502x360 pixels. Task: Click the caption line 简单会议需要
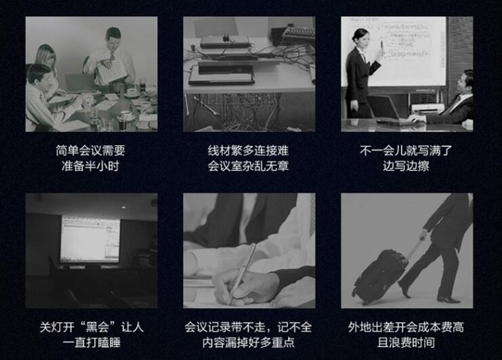[91, 151]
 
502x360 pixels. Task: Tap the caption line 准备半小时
[91, 166]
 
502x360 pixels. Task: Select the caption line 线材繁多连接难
[249, 151]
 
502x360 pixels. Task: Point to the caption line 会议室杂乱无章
[249, 166]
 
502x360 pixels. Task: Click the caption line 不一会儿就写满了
[406, 151]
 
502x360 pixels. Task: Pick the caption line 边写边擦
[406, 166]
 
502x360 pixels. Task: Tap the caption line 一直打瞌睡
[91, 342]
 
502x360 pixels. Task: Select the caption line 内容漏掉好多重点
[249, 342]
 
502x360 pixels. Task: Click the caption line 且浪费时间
[406, 342]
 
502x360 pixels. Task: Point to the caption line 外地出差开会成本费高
[406, 327]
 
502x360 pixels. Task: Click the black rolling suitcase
[380, 276]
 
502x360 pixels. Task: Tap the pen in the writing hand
[242, 273]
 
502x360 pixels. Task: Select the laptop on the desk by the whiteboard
[390, 111]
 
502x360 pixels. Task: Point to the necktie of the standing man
[112, 57]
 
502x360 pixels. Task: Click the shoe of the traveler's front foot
[448, 299]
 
